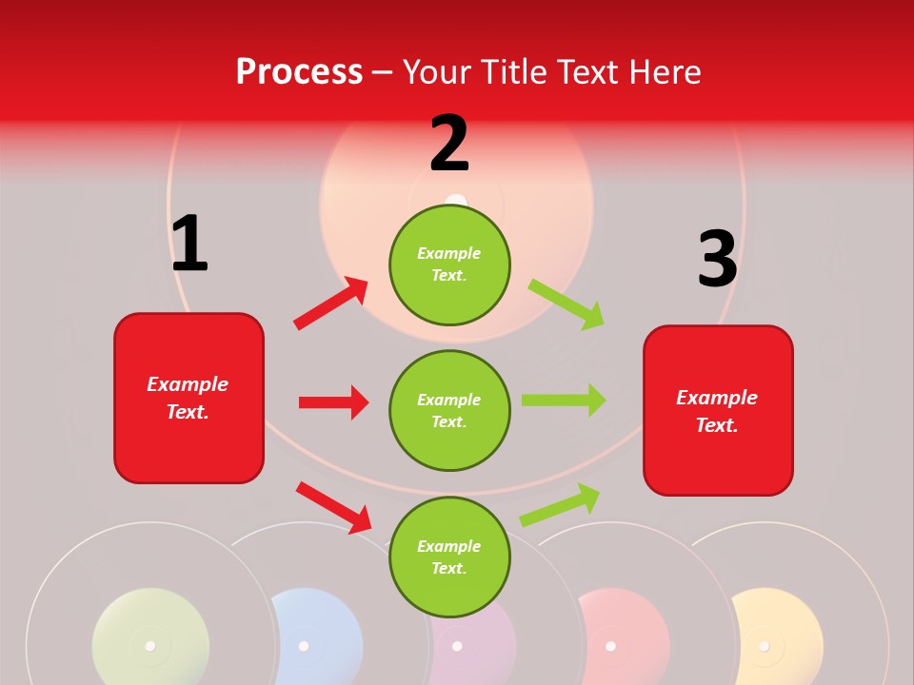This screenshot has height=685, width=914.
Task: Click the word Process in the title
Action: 299,71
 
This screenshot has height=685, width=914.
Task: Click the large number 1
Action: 189,244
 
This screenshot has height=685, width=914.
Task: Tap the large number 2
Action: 449,144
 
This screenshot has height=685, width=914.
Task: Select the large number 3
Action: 717,260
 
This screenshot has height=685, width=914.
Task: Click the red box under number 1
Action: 189,398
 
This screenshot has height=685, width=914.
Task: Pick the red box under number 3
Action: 718,410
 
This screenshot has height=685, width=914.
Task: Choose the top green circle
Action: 449,264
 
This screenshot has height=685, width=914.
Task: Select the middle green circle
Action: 449,410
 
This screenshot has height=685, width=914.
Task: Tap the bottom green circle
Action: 449,557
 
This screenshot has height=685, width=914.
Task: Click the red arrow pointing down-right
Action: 333,507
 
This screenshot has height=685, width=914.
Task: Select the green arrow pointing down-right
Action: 566,304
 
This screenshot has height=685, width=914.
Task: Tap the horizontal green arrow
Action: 563,401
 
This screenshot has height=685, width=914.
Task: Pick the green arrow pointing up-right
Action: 560,504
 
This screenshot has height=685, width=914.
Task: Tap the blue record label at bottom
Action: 319,636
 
